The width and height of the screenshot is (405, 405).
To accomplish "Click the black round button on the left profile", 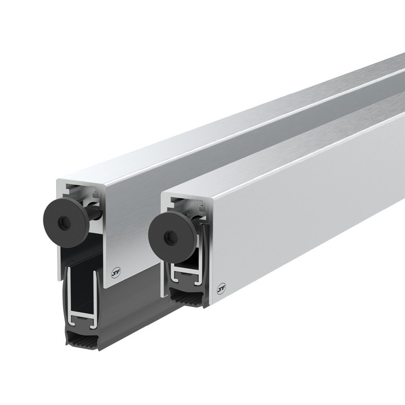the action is point(65,224).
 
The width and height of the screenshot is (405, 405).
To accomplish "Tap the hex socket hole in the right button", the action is point(168,235).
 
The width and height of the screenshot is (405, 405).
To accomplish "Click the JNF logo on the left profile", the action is point(115,274).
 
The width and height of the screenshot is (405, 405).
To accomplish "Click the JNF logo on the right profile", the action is point(221,288).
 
